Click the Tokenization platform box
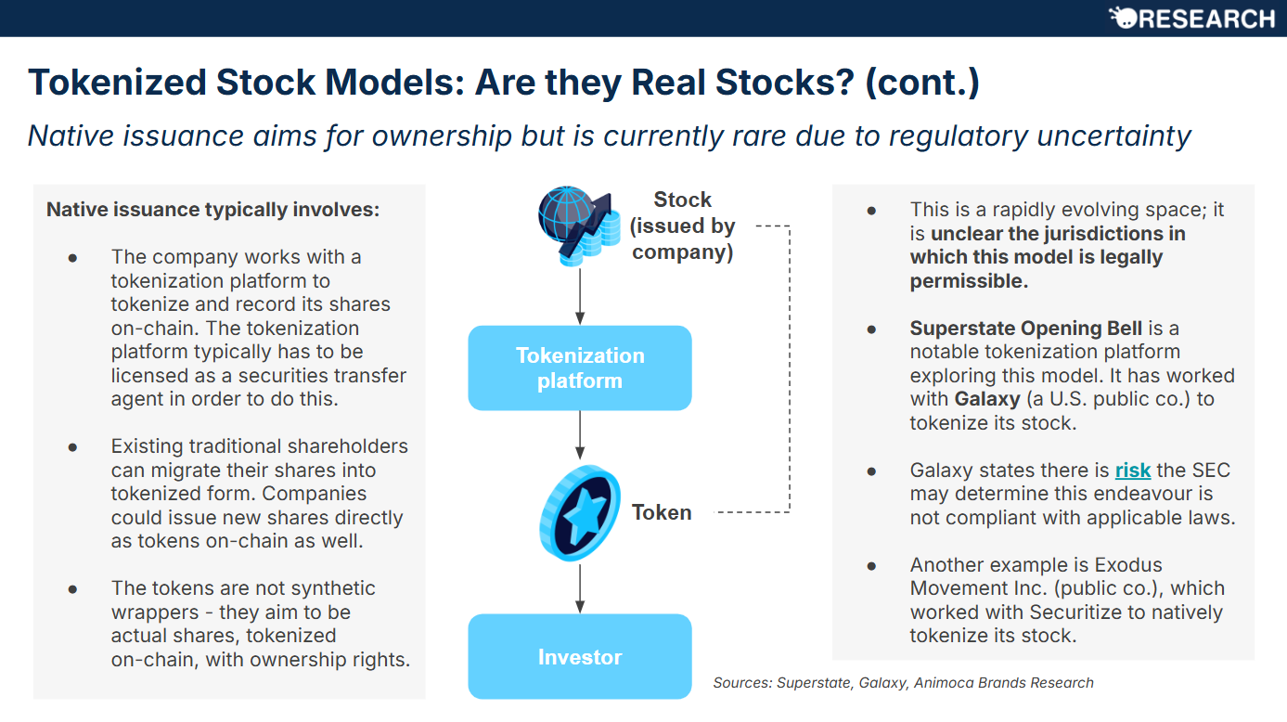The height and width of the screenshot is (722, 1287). [x=579, y=367]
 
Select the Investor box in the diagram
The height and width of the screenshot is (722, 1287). [x=579, y=657]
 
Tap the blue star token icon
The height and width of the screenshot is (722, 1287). [x=580, y=513]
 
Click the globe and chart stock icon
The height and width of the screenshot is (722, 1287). [x=579, y=226]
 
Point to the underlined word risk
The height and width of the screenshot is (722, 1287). [x=1132, y=471]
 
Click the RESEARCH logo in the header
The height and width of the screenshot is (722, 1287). [x=1191, y=19]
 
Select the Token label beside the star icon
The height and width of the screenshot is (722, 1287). [x=662, y=512]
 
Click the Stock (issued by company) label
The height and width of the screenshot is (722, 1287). [x=682, y=226]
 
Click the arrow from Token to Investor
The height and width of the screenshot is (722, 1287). [x=580, y=587]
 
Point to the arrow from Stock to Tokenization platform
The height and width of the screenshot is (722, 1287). [x=580, y=295]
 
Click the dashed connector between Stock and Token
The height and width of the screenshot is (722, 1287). [x=789, y=371]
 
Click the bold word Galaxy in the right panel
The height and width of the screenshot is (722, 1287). [x=986, y=399]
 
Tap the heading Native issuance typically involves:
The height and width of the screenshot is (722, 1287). [x=212, y=210]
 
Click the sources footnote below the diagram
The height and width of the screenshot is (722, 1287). [x=903, y=683]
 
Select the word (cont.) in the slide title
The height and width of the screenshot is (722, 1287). [x=921, y=83]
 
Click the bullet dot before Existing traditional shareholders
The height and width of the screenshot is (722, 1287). [x=72, y=446]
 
